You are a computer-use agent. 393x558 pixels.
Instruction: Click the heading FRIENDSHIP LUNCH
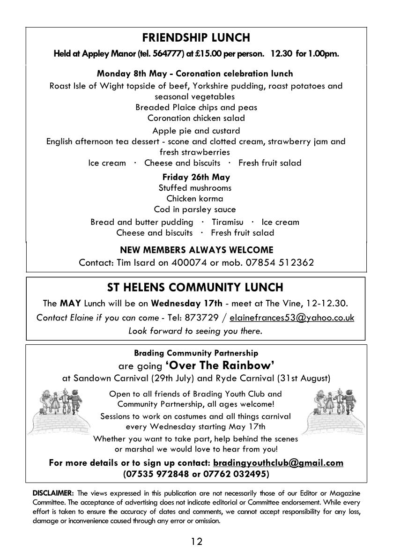pyautogui.click(x=196, y=37)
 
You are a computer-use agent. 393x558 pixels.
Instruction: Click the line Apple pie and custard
pyautogui.click(x=196, y=131)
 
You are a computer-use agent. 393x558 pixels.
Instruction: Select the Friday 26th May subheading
pyautogui.click(x=196, y=177)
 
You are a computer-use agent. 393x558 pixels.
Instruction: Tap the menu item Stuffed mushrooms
pyautogui.click(x=195, y=188)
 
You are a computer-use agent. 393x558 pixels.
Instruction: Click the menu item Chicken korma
pyautogui.click(x=195, y=199)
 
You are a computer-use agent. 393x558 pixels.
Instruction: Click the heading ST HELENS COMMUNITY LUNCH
pyautogui.click(x=195, y=287)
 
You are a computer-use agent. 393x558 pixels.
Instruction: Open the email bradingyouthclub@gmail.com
pyautogui.click(x=278, y=463)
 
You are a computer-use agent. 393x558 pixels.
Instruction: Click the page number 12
pyautogui.click(x=197, y=542)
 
